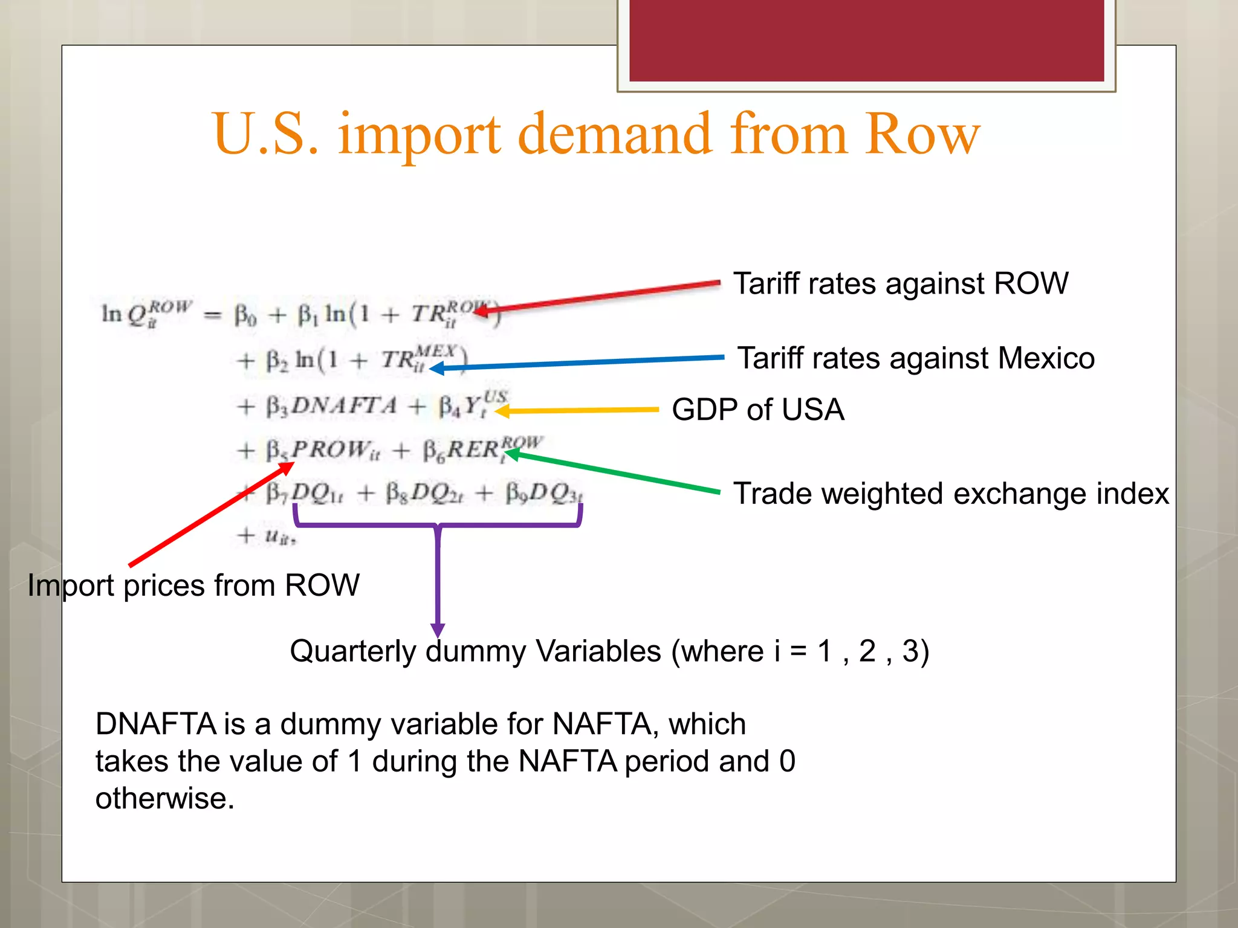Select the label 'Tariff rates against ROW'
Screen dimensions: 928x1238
point(901,283)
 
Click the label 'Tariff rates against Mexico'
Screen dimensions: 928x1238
point(916,358)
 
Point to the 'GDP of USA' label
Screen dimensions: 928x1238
point(757,410)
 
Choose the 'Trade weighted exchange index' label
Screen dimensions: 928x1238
point(951,494)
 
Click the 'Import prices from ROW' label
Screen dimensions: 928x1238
point(193,585)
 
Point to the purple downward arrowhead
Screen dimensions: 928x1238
point(438,630)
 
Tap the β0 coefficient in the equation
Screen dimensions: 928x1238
point(245,315)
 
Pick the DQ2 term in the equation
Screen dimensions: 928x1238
point(435,494)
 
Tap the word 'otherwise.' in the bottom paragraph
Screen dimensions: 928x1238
point(164,799)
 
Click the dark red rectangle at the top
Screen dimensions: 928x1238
point(866,40)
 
